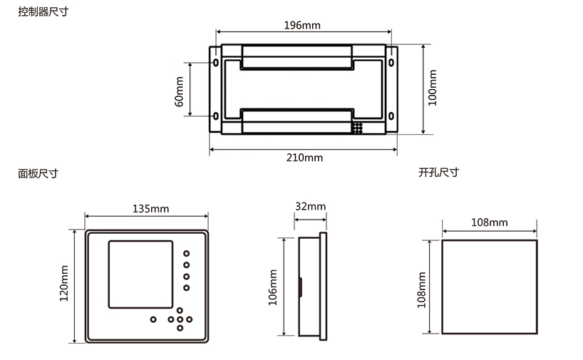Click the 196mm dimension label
tap(302, 25)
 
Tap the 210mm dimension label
tap(304, 158)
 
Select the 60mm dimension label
tap(179, 91)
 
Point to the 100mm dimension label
tap(433, 88)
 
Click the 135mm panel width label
tap(150, 209)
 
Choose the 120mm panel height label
tap(64, 283)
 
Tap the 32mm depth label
tap(311, 207)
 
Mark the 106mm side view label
tap(273, 287)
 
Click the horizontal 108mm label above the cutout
tap(490, 222)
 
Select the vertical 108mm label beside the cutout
tap(421, 290)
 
